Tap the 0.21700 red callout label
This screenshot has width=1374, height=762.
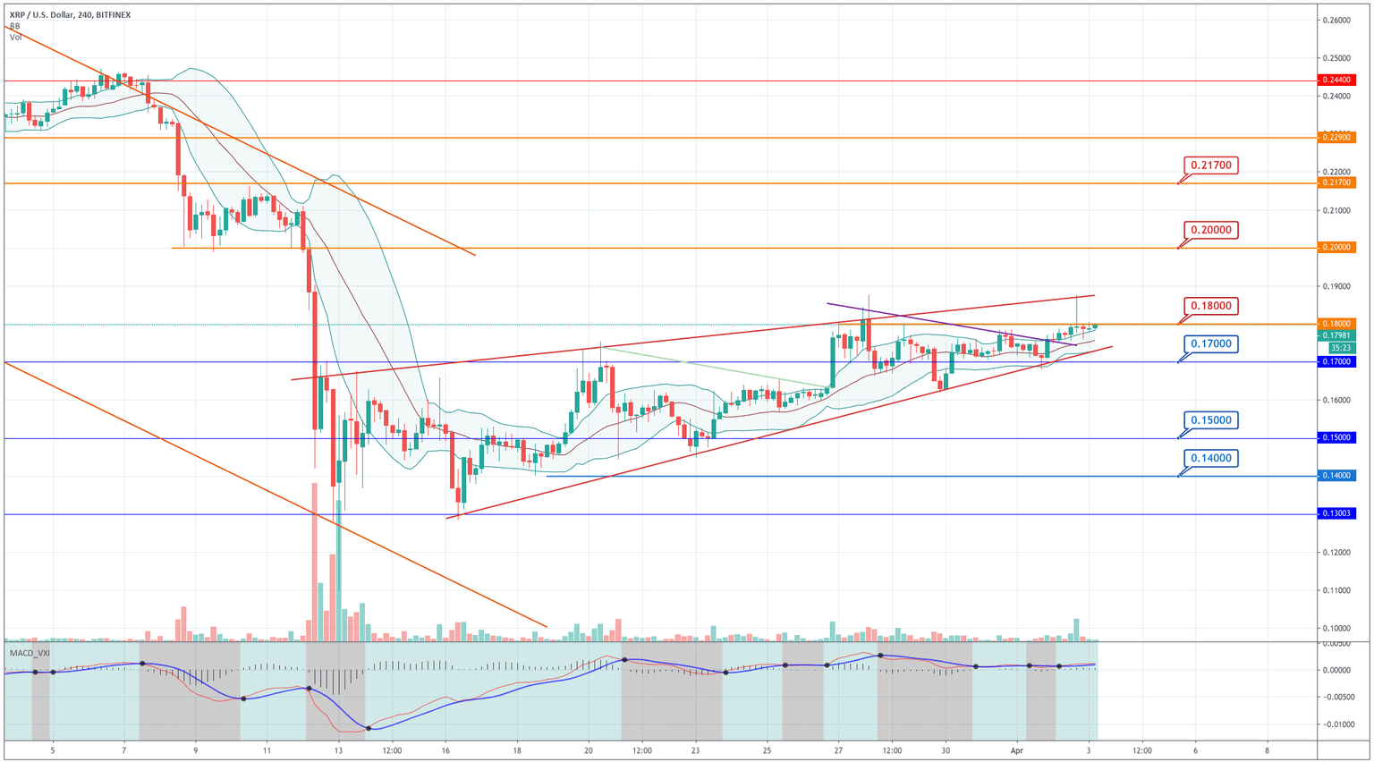tap(1211, 165)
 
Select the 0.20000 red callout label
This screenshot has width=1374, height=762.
tap(1211, 230)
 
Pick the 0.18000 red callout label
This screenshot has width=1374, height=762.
tap(1211, 306)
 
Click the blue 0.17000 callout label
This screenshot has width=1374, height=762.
tap(1211, 343)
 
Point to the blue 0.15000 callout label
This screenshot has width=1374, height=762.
tap(1211, 420)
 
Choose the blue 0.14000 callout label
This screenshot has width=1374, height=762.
tap(1211, 458)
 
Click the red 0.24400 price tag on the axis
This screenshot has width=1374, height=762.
tap(1337, 80)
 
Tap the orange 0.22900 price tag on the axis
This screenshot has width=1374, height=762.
tap(1337, 137)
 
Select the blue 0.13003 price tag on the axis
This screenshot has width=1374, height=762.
tap(1337, 513)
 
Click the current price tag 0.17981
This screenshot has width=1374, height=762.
tap(1337, 335)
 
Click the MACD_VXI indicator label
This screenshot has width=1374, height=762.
tap(30, 653)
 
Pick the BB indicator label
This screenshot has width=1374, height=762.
tap(14, 27)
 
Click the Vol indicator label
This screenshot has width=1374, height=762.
tap(15, 38)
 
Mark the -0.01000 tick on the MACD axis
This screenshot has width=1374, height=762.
tap(1337, 724)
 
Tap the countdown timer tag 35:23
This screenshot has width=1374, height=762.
tap(1337, 348)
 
